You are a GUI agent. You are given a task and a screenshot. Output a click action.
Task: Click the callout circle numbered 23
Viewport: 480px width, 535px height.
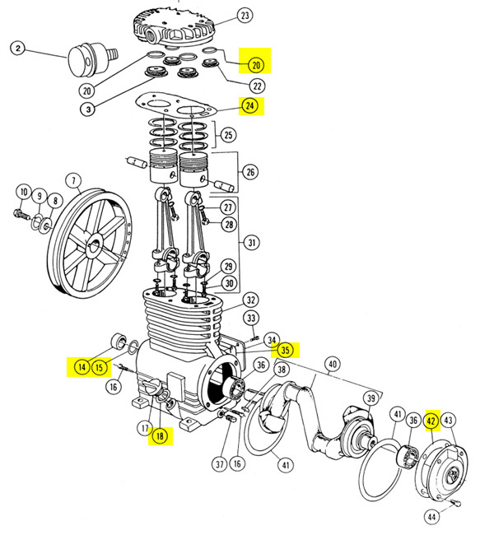click(245, 16)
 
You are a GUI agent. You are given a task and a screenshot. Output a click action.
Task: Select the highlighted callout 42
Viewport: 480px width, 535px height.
click(431, 421)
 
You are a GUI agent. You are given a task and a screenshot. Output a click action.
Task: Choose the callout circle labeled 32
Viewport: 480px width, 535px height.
click(250, 300)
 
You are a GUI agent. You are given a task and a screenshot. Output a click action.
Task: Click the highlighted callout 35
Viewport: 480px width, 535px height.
click(286, 350)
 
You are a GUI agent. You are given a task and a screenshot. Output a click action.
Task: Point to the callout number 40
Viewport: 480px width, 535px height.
click(333, 365)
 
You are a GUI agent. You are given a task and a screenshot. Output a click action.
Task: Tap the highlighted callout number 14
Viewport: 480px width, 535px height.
click(82, 366)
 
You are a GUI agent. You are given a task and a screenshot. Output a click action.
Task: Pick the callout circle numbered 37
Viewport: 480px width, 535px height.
click(219, 464)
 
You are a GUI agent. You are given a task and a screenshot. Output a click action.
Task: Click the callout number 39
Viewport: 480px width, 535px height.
click(370, 398)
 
